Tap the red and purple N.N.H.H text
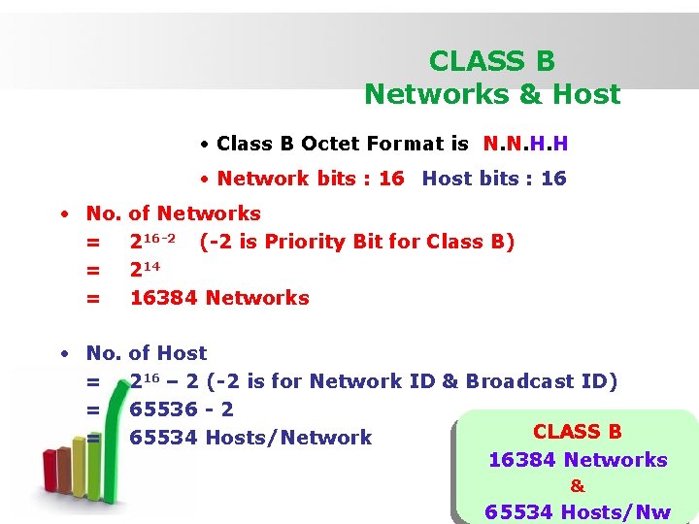(525, 144)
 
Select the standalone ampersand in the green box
(578, 486)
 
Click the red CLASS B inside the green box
(578, 432)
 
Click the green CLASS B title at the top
(492, 62)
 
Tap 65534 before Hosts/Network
(163, 438)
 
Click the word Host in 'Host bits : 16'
(448, 179)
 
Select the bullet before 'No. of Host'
(61, 353)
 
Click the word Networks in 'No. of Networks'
(209, 213)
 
